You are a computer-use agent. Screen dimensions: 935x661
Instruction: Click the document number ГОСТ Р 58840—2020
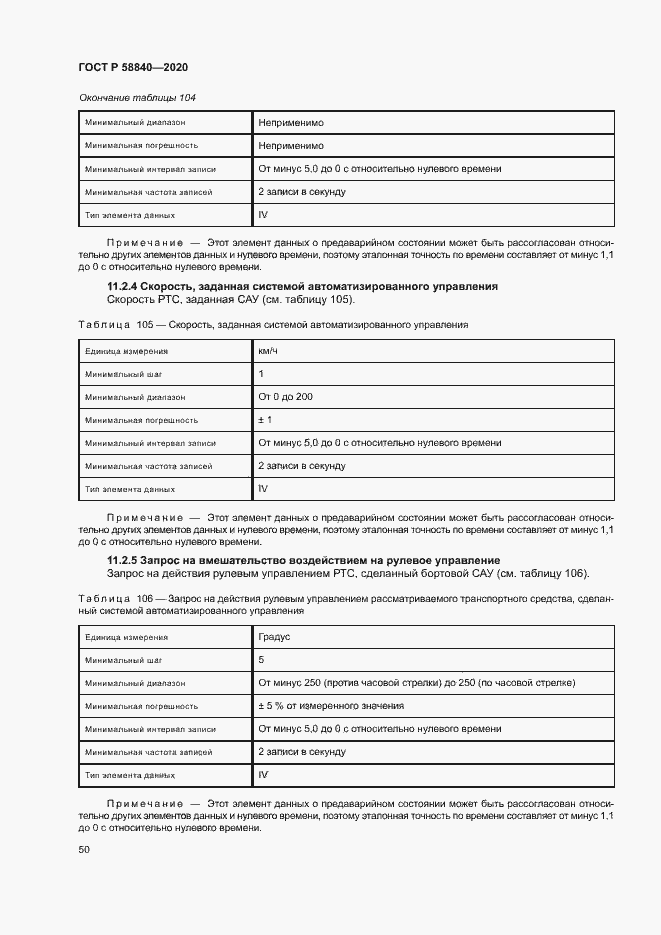point(132,67)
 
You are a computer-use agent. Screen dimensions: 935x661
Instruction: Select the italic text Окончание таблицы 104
point(136,97)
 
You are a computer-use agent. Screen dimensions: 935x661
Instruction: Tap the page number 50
point(84,849)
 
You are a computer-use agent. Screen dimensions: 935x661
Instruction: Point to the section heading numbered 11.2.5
point(303,560)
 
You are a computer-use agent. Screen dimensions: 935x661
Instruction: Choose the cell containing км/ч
point(268,351)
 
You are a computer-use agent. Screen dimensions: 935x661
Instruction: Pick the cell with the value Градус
point(275,636)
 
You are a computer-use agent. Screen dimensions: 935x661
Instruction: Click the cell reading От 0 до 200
point(285,397)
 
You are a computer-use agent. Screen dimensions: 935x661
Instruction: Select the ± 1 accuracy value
point(266,420)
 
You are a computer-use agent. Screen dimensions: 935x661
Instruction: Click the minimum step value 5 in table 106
point(261,660)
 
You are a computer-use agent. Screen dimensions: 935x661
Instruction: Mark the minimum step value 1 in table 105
point(261,374)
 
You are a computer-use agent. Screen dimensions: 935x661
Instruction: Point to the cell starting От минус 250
point(416,683)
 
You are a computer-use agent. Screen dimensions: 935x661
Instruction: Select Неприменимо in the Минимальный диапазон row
point(290,123)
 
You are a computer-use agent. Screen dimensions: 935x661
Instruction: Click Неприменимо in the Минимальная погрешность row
point(290,146)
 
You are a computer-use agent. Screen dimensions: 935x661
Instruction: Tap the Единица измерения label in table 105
point(126,351)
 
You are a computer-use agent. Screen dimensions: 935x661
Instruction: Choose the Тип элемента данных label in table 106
point(130,775)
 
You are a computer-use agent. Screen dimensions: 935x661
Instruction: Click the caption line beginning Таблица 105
point(272,325)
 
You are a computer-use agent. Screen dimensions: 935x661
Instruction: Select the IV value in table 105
point(263,488)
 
